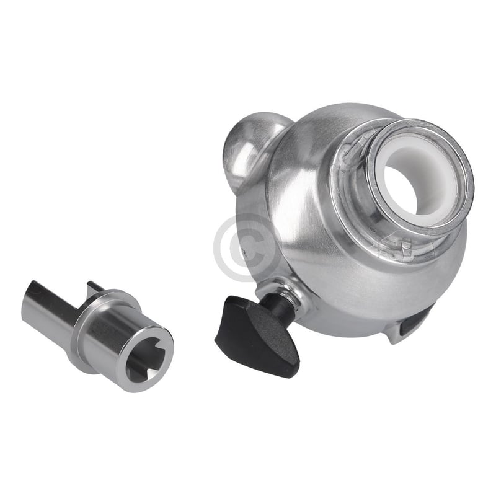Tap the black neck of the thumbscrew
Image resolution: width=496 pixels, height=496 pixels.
[283, 304]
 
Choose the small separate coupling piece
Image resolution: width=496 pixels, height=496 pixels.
[99, 332]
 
